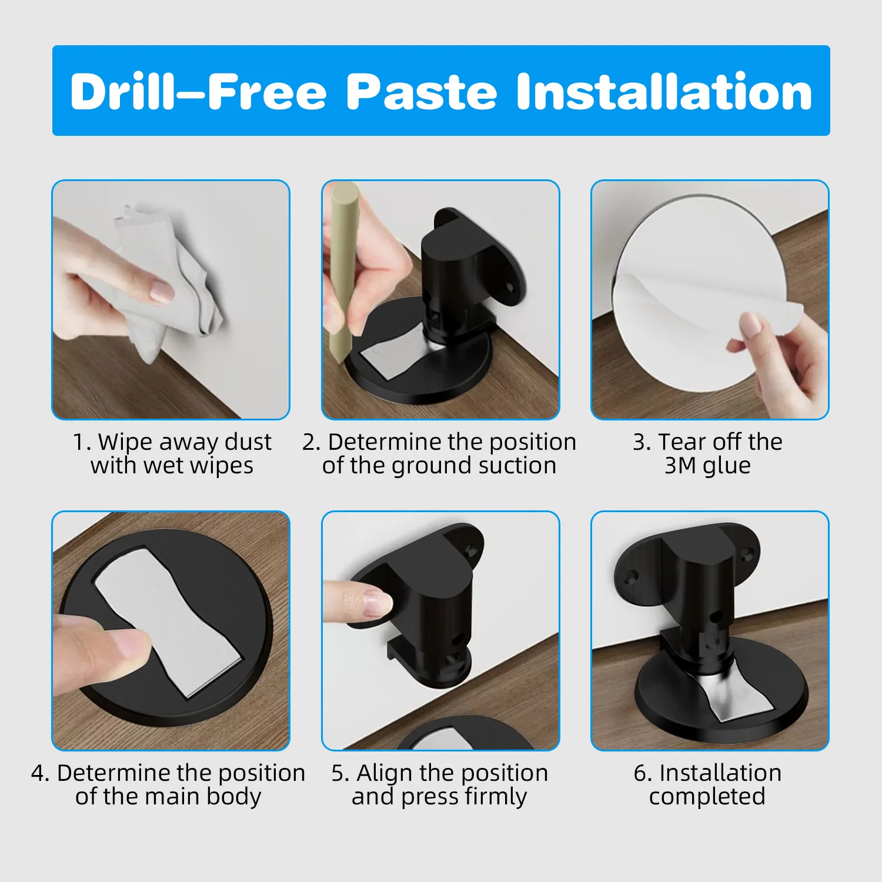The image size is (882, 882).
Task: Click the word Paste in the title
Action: (422, 91)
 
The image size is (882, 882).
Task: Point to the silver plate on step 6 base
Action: (729, 694)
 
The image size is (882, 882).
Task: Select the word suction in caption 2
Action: (517, 466)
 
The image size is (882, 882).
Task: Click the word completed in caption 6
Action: (707, 797)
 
